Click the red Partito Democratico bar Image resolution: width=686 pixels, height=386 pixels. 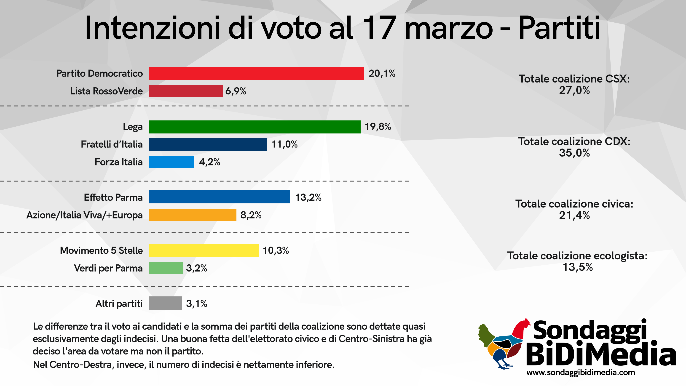[256, 73]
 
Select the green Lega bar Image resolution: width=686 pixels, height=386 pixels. [255, 127]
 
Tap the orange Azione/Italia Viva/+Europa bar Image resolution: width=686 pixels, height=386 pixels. [193, 215]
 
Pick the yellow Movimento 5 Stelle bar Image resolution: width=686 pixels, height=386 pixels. [204, 250]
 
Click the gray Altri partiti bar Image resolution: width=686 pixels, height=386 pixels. [165, 303]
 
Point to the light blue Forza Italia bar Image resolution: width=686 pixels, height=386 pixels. [171, 162]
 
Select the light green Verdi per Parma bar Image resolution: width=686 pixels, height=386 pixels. [166, 268]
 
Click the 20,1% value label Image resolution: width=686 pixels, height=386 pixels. [382, 73]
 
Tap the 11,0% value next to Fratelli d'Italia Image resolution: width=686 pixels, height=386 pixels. [284, 144]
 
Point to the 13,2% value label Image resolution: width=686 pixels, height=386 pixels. [308, 197]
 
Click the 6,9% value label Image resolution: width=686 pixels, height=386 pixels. [236, 91]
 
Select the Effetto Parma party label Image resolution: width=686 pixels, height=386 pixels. [113, 197]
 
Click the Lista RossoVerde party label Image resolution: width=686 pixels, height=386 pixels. [106, 91]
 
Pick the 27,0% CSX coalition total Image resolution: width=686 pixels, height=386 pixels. [574, 91]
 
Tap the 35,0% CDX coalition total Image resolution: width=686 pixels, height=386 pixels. [574, 153]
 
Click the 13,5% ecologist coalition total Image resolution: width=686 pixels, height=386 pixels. [577, 267]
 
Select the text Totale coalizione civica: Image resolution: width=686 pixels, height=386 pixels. [574, 204]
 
